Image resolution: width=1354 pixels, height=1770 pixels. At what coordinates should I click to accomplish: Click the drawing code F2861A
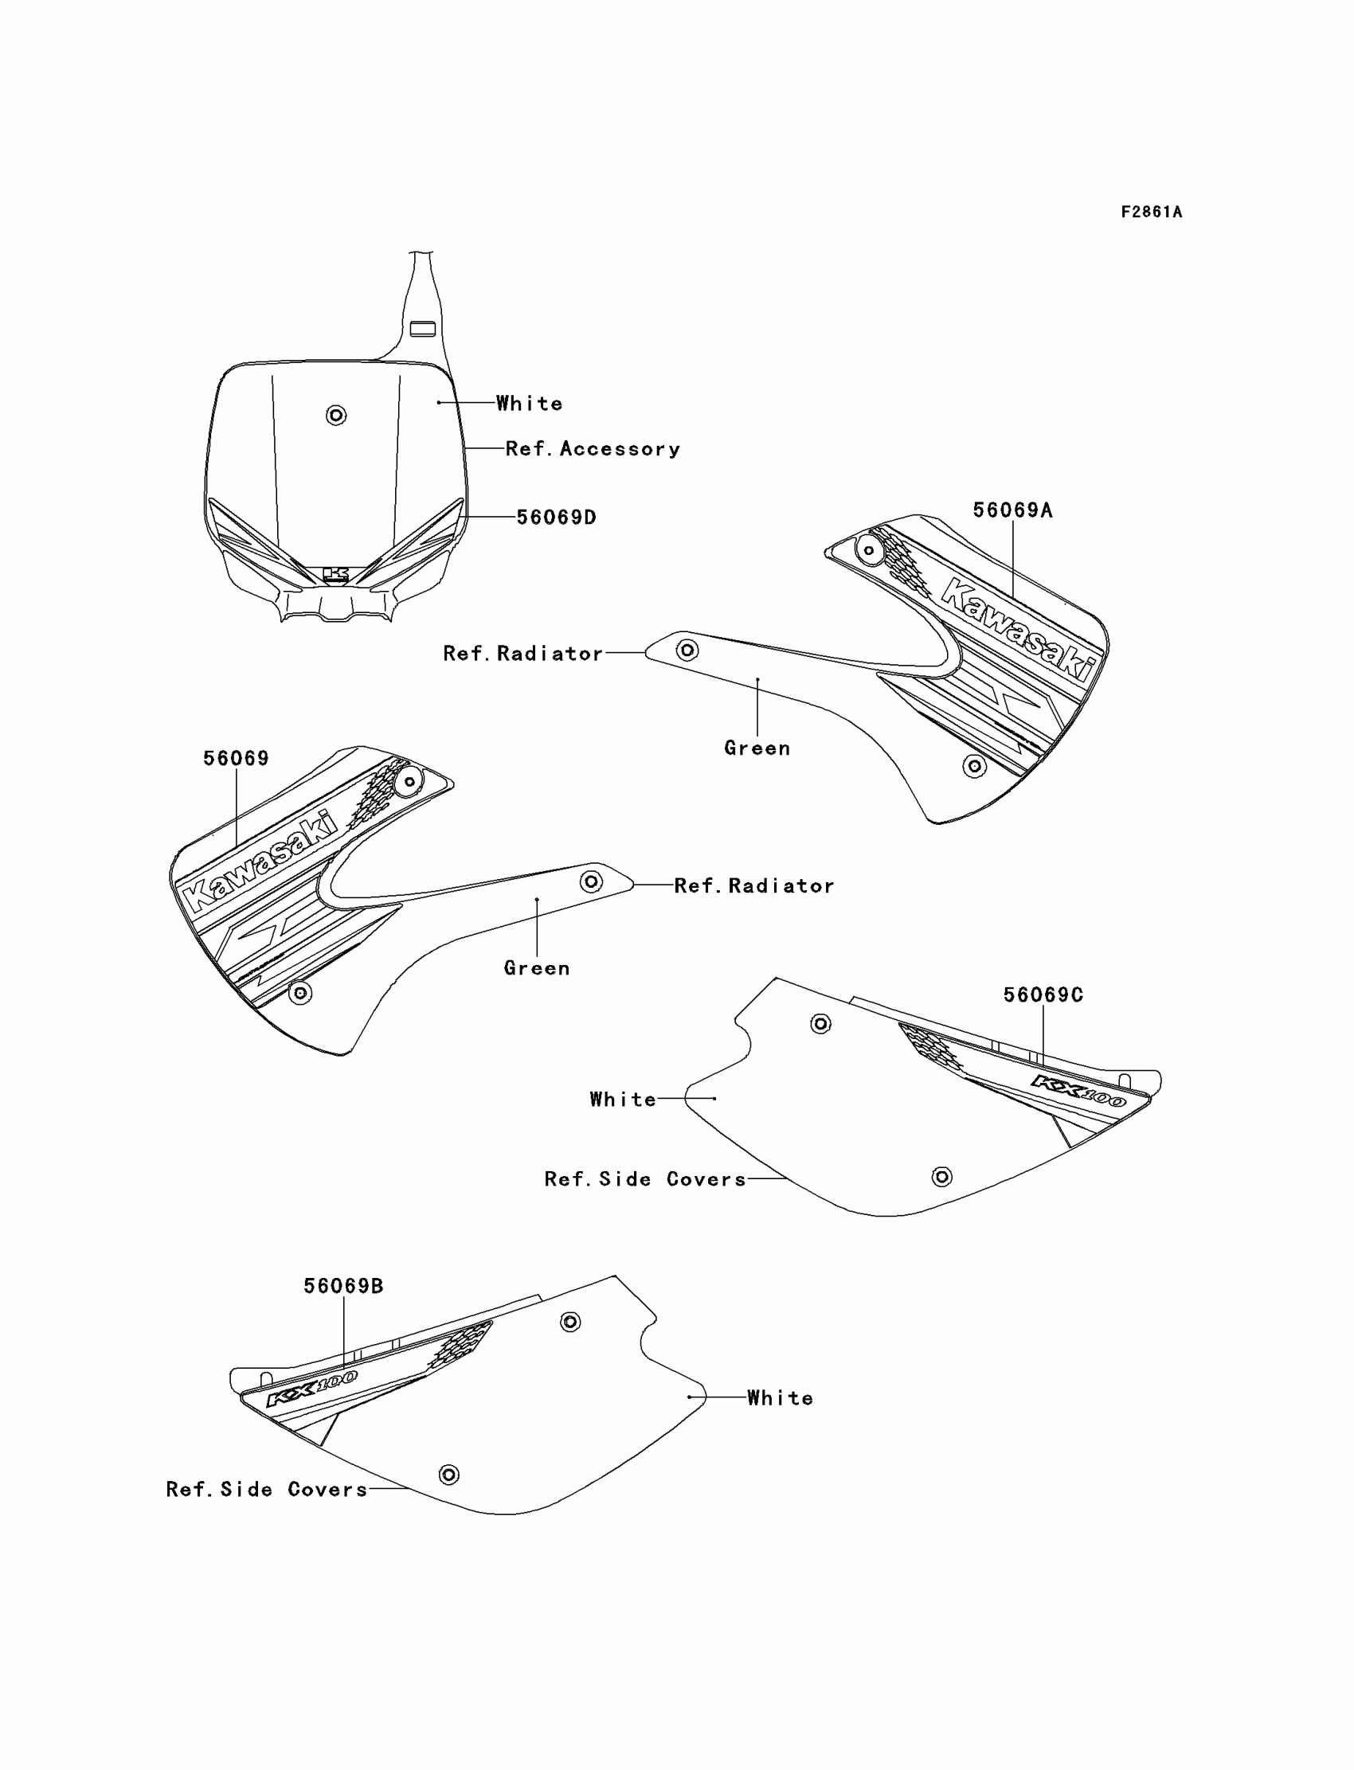pyautogui.click(x=1151, y=212)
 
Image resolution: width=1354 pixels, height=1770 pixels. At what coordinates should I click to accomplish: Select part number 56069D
pyautogui.click(x=556, y=518)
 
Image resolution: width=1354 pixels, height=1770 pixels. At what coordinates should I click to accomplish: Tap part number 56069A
pyautogui.click(x=1012, y=510)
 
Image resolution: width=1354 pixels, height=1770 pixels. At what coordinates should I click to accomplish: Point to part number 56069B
pyautogui.click(x=343, y=1286)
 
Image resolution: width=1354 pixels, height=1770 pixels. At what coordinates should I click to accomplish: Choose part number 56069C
pyautogui.click(x=1043, y=995)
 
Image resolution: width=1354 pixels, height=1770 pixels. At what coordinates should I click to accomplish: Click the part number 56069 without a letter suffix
pyautogui.click(x=235, y=758)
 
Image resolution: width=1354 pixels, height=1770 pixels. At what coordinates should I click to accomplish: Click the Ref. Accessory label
pyautogui.click(x=593, y=449)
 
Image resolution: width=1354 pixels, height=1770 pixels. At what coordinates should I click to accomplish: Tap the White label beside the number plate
pyautogui.click(x=529, y=403)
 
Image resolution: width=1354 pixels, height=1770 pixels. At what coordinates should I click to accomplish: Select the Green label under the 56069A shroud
pyautogui.click(x=757, y=748)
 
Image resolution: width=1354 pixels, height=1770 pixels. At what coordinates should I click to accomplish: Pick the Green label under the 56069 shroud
pyautogui.click(x=537, y=967)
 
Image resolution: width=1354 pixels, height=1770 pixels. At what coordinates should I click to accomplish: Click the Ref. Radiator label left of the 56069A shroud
pyautogui.click(x=522, y=654)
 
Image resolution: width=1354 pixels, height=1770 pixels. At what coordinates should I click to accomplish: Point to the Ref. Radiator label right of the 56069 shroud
pyautogui.click(x=753, y=885)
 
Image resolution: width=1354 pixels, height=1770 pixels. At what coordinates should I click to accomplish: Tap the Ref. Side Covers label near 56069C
pyautogui.click(x=645, y=1179)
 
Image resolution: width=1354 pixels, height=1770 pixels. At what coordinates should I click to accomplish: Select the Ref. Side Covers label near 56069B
pyautogui.click(x=267, y=1490)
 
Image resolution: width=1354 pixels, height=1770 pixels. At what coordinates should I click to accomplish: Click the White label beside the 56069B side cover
pyautogui.click(x=780, y=1398)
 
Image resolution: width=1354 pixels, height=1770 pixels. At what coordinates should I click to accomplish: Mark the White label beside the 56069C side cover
pyautogui.click(x=622, y=1100)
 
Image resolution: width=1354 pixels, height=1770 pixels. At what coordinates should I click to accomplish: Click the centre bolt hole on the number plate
pyautogui.click(x=336, y=415)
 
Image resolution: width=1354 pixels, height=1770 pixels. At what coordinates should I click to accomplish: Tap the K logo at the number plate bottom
pyautogui.click(x=336, y=574)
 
